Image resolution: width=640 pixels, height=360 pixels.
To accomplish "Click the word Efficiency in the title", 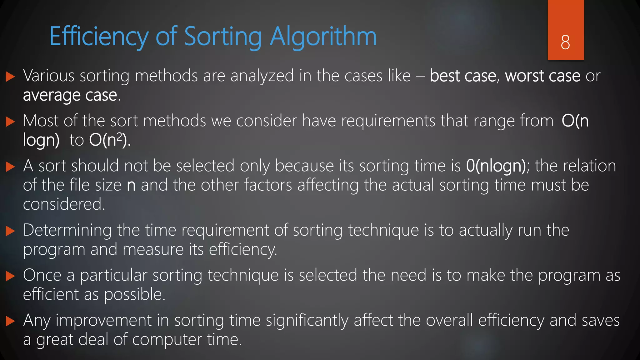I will [99, 37].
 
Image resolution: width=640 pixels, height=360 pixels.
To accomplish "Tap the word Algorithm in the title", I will [323, 37].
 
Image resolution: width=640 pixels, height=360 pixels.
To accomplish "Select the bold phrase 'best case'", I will [463, 76].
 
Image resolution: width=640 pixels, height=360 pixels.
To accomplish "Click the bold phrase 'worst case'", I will [542, 76].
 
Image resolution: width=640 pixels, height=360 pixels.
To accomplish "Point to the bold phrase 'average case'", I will [70, 95].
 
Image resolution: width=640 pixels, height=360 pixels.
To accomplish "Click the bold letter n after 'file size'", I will [131, 185].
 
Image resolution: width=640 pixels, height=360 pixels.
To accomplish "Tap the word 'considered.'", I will [64, 204].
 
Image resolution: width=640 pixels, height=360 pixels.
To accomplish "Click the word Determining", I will [67, 230].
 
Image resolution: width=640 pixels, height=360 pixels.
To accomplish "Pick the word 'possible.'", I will [134, 294].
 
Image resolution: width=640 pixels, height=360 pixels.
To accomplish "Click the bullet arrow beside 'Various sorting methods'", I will [10, 77].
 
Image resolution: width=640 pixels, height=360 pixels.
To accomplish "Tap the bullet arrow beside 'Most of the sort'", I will [10, 122].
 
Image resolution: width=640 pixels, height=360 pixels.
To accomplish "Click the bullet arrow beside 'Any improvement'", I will [10, 321].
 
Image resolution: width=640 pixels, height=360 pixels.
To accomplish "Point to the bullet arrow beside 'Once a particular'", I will [10, 276].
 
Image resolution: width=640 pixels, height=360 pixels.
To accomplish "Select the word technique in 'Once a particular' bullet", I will [243, 275].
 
